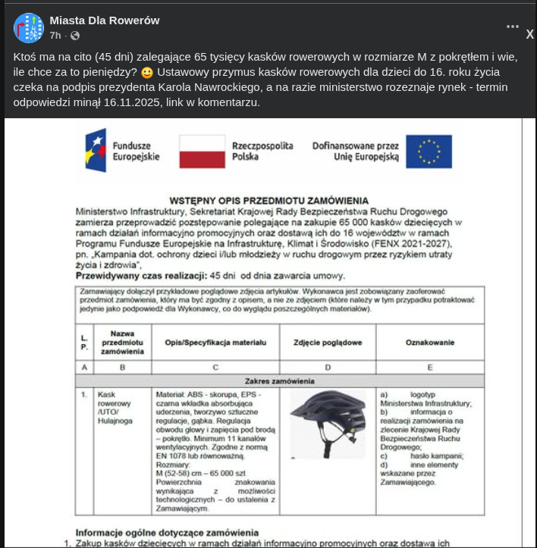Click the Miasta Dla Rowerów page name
tap(105, 20)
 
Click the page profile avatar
tap(29, 27)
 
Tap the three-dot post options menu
tap(513, 27)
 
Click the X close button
tap(530, 34)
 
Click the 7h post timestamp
tap(55, 36)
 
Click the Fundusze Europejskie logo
tap(122, 150)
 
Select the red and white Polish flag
tap(202, 151)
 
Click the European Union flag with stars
tap(429, 151)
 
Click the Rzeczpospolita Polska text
tap(262, 150)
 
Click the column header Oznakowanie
tap(430, 343)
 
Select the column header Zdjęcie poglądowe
tap(328, 343)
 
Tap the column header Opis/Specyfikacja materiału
tap(215, 343)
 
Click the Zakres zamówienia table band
tap(279, 380)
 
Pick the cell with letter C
tap(215, 367)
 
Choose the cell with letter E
tap(430, 367)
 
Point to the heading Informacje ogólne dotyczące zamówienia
tap(167, 532)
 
